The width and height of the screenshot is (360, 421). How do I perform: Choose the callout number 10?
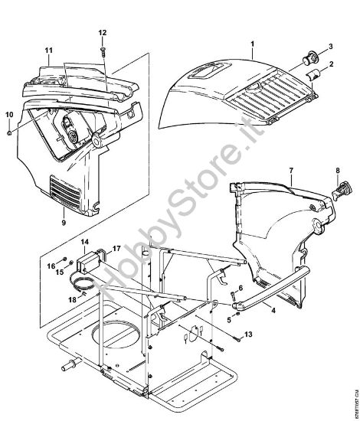tap(9, 115)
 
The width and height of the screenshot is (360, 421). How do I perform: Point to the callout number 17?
tap(117, 249)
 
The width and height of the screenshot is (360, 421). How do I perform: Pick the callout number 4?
tap(252, 311)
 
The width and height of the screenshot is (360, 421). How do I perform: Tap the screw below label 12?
tap(103, 51)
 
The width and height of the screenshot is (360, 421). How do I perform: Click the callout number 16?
tap(52, 266)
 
